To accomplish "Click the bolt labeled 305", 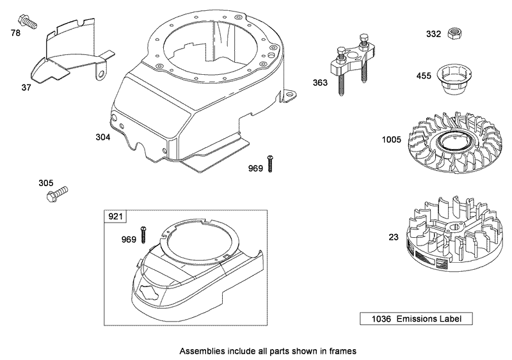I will click(x=58, y=192).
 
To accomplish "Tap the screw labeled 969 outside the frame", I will click(x=271, y=163).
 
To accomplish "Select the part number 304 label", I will click(x=103, y=137).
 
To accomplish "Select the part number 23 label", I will click(x=393, y=237).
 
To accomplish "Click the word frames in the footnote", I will click(x=342, y=350).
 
